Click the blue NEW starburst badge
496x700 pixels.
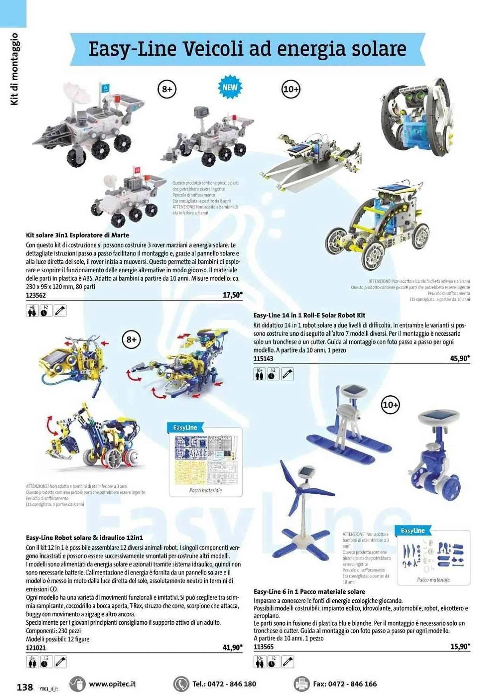click(x=230, y=87)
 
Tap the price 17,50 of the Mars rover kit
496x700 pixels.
click(x=232, y=295)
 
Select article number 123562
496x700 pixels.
click(x=36, y=295)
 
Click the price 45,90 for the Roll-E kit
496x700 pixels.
click(x=460, y=358)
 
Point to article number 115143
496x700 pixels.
click(x=263, y=359)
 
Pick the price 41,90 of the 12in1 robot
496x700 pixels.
click(x=232, y=647)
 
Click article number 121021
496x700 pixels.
click(x=36, y=648)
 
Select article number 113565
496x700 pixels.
click(x=263, y=647)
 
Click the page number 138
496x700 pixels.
click(x=25, y=687)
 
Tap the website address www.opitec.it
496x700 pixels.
click(x=112, y=684)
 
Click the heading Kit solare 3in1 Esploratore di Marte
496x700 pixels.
click(x=77, y=235)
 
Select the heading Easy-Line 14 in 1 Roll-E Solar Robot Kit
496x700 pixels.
click(x=309, y=315)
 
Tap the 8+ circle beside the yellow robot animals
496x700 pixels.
click(x=131, y=339)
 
